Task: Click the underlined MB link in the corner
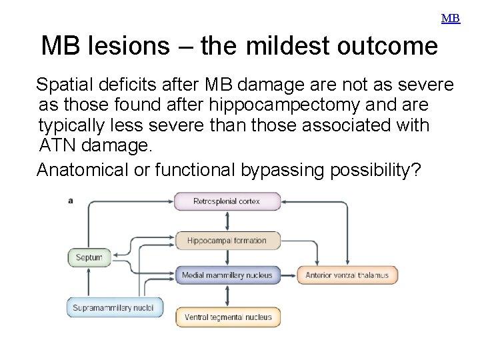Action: pyautogui.click(x=451, y=19)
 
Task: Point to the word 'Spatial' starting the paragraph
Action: pyautogui.click(x=65, y=85)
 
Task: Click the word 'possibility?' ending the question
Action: pyautogui.click(x=375, y=170)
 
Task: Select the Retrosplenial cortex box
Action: pyautogui.click(x=227, y=201)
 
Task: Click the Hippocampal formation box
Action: pyautogui.click(x=227, y=241)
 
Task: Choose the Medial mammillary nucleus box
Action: pyautogui.click(x=227, y=275)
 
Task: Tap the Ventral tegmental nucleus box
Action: pyautogui.click(x=228, y=317)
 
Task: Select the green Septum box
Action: pyautogui.click(x=89, y=257)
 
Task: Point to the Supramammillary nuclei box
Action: pyautogui.click(x=113, y=307)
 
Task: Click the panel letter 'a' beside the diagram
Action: pyautogui.click(x=71, y=200)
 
